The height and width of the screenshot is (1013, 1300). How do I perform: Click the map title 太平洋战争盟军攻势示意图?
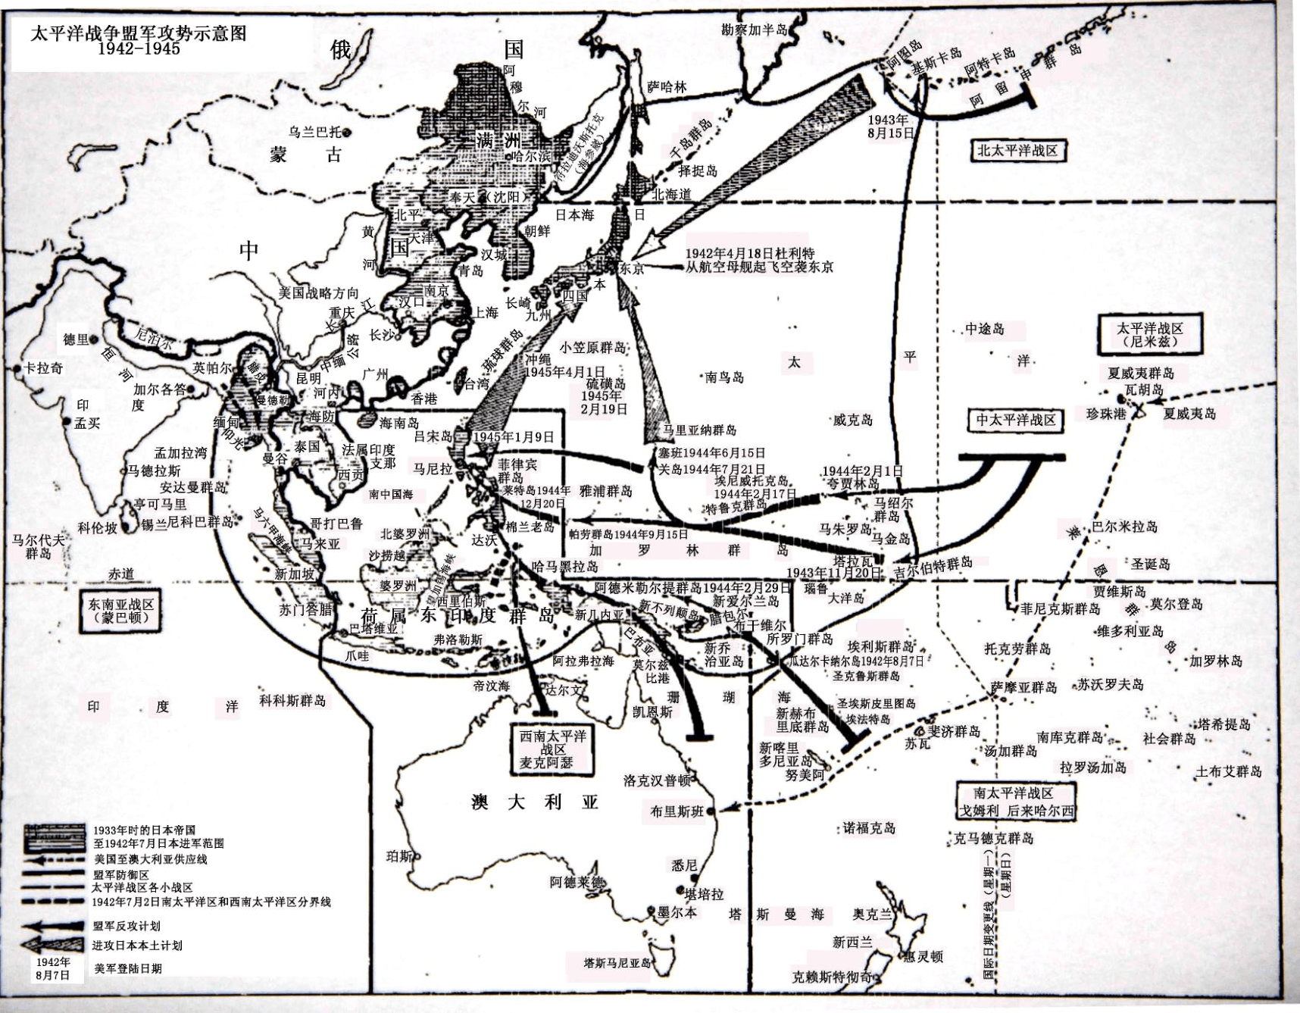[x=139, y=34]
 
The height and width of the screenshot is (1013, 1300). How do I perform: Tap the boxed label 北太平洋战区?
[x=1017, y=150]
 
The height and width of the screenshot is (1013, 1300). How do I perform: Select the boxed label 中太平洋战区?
[x=1015, y=420]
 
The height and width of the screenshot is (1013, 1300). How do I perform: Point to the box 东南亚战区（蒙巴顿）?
[x=121, y=611]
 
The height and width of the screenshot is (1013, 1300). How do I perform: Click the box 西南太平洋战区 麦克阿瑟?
[x=553, y=749]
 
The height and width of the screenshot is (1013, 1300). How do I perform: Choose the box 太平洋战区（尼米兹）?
[x=1149, y=335]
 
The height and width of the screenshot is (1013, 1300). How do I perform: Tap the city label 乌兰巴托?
[x=317, y=132]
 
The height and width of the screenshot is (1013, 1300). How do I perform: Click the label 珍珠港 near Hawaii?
[x=1106, y=414]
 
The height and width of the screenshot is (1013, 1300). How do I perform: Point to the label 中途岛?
[x=985, y=329]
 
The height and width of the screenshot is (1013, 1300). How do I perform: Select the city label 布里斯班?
[x=677, y=811]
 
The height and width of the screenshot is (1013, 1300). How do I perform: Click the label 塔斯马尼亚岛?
[x=617, y=963]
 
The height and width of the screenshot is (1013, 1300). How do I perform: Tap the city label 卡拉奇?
[x=43, y=368]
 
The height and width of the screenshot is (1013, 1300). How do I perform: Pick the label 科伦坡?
[x=98, y=528]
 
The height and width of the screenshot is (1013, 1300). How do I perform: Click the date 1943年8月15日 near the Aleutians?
[x=890, y=126]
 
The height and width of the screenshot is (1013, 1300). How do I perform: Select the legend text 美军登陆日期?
[x=128, y=968]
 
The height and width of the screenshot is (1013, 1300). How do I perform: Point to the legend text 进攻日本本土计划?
[x=137, y=946]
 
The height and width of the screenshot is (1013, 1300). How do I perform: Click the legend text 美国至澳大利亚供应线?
[x=150, y=859]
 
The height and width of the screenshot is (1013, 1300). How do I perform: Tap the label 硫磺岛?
[x=605, y=384]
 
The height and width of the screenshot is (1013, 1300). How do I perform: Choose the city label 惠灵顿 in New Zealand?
[x=923, y=957]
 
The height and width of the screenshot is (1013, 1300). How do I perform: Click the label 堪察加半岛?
[x=755, y=30]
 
